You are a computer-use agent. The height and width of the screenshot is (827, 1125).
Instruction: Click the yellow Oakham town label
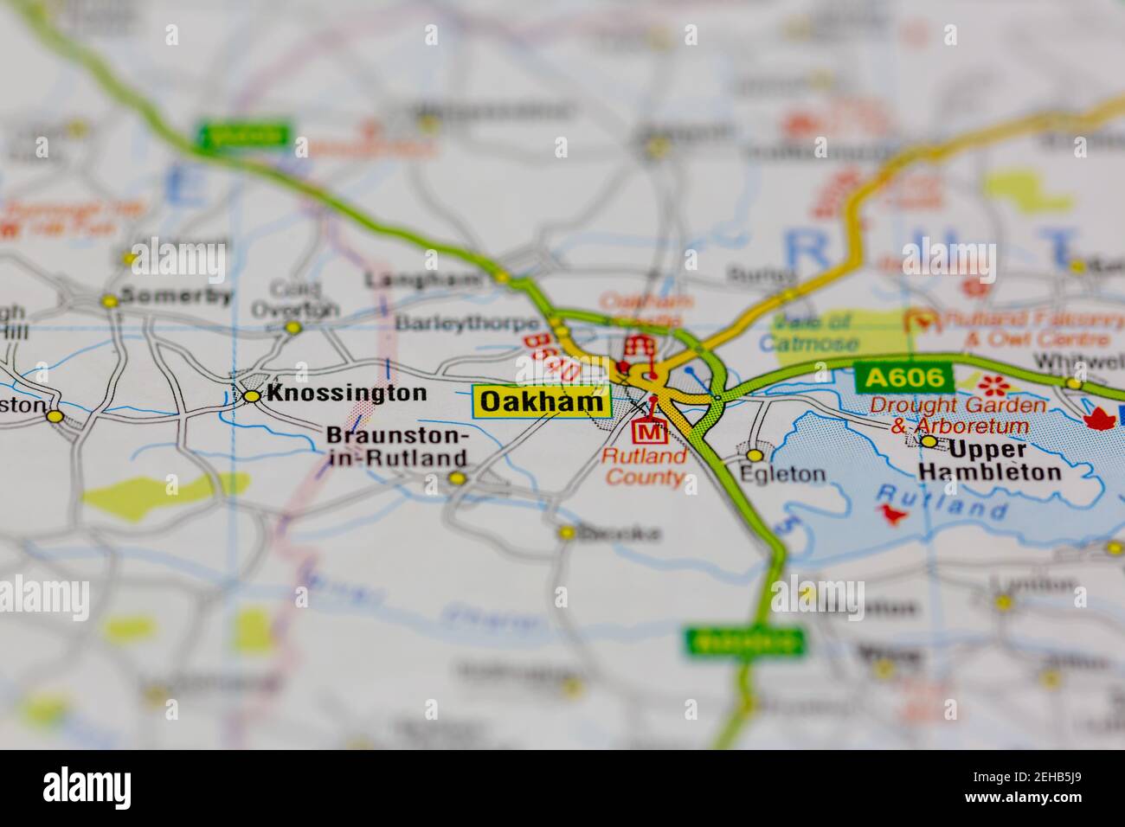542,401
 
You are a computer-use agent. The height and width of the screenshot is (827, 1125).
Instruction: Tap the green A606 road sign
903,377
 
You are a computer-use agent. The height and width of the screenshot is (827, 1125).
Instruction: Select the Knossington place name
346,394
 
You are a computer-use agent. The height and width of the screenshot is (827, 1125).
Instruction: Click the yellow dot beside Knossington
252,396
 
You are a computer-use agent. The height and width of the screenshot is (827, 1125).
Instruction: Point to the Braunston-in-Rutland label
397,447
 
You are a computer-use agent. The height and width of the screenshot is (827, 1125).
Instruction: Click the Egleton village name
782,474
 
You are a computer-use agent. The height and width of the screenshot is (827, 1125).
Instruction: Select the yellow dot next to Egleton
755,455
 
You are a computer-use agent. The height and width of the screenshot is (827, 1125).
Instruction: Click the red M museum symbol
649,430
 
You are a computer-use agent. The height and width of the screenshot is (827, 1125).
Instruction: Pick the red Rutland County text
645,466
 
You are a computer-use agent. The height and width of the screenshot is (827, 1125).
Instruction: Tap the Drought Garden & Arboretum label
958,415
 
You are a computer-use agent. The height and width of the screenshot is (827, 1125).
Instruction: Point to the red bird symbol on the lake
891,514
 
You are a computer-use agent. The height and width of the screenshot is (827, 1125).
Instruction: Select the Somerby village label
177,296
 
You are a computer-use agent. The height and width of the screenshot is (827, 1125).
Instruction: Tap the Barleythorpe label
465,324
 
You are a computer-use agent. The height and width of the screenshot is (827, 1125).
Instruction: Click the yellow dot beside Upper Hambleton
929,441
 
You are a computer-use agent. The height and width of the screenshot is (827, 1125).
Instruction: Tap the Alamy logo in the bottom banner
87,788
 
